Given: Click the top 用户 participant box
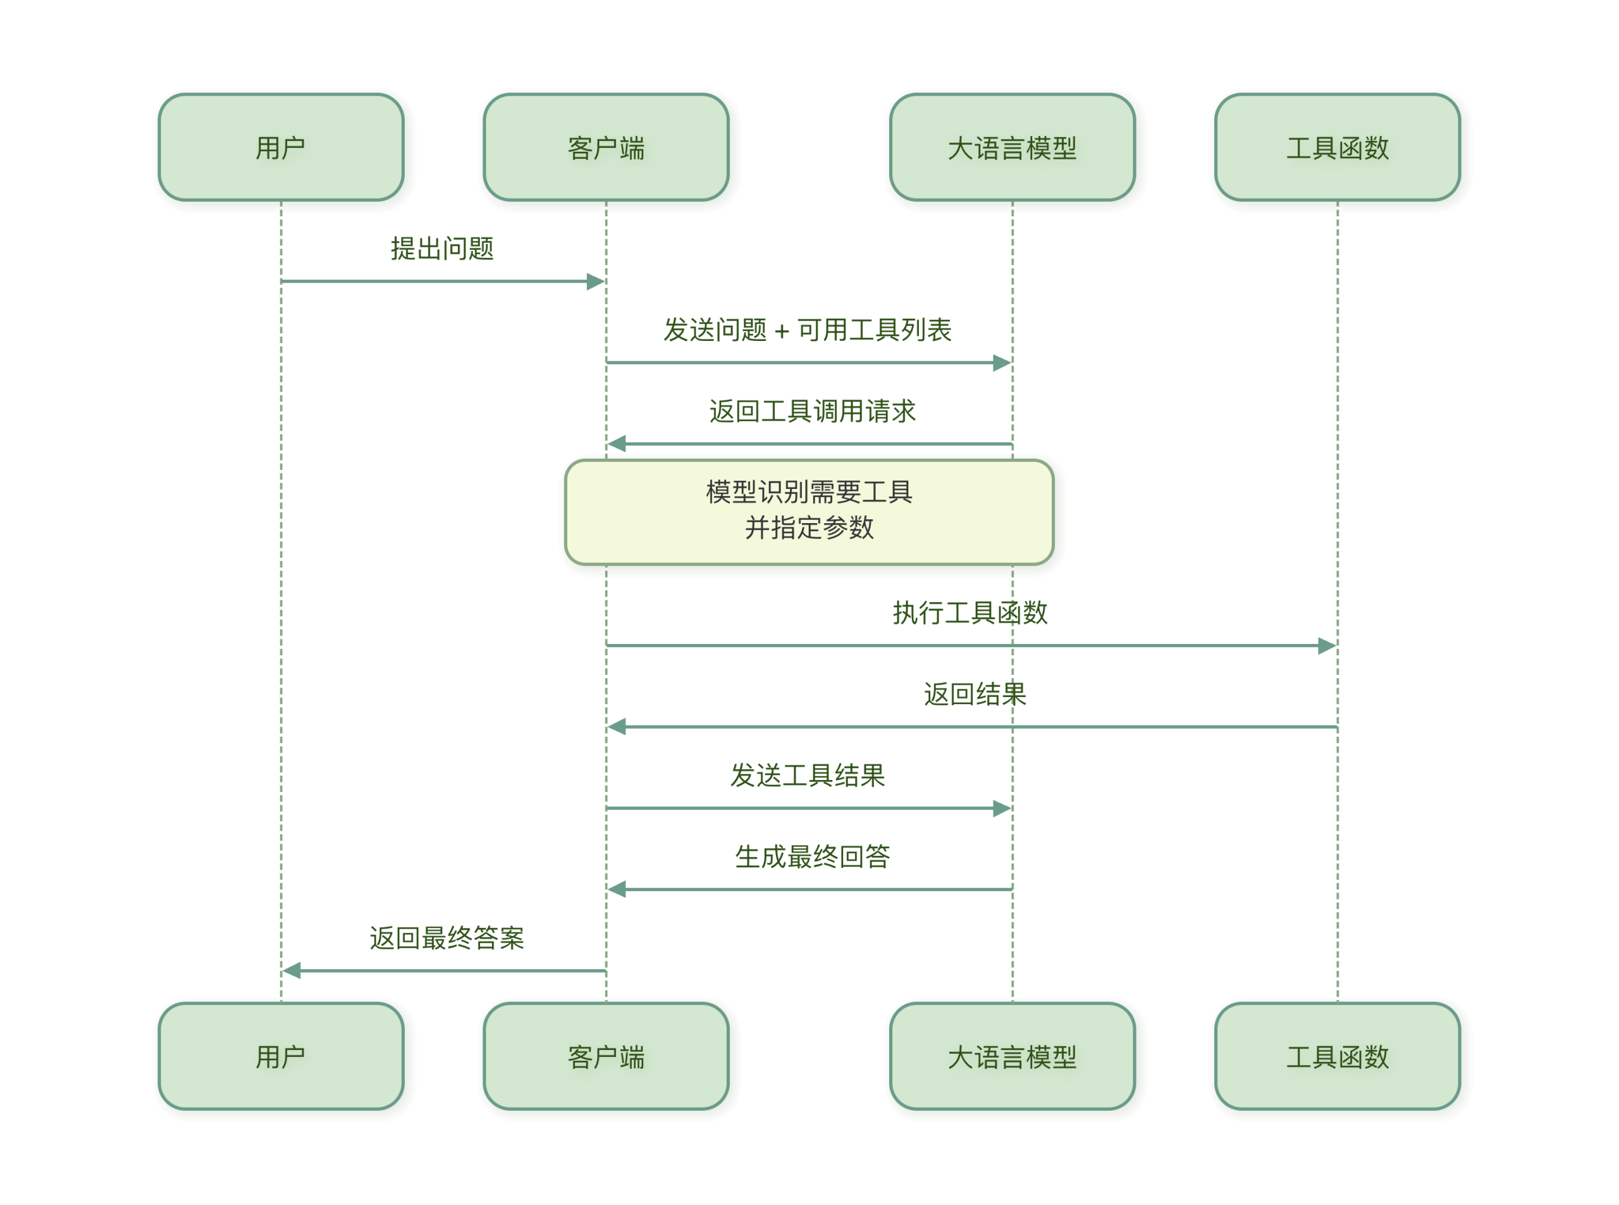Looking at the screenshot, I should click(281, 148).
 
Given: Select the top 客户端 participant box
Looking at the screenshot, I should click(606, 148).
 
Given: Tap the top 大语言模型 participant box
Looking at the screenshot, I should click(1013, 148).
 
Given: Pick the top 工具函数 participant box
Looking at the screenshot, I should click(1338, 148).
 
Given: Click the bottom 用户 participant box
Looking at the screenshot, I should click(281, 1057).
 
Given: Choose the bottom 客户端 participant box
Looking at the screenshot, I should click(606, 1057).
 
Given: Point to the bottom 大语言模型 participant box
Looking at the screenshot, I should click(1013, 1057).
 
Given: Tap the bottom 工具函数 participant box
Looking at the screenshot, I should click(1338, 1057).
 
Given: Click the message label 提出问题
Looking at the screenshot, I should click(443, 249).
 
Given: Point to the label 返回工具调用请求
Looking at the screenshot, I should click(811, 411).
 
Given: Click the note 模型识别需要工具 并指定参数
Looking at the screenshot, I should click(809, 510).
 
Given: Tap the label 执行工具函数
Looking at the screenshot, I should click(970, 613).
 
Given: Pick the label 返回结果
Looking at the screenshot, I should click(975, 694).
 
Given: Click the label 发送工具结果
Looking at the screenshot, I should click(808, 776).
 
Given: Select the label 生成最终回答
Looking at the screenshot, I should click(811, 856).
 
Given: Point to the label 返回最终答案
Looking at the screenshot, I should click(446, 938).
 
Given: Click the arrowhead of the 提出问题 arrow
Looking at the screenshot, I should click(596, 281).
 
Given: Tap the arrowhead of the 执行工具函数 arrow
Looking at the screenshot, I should click(1327, 646).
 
